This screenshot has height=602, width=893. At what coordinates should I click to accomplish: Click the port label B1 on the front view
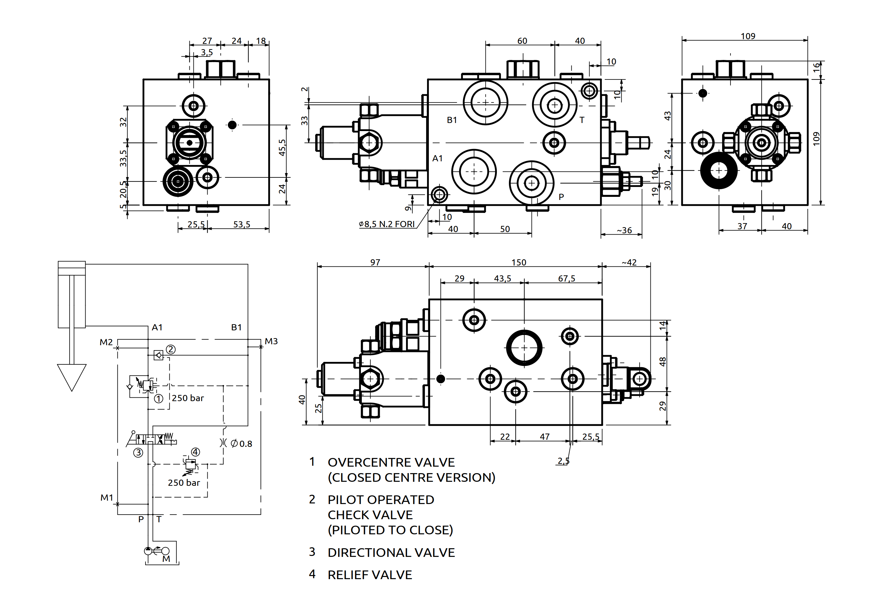[x=452, y=120]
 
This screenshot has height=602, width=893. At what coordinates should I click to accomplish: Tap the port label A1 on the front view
[x=437, y=158]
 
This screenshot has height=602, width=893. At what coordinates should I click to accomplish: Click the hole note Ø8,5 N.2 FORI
[x=387, y=224]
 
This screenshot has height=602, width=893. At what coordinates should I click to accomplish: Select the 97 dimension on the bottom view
[x=375, y=262]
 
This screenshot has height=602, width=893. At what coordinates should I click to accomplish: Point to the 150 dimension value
[x=519, y=262]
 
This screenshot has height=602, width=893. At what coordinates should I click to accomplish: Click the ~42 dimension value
[x=629, y=262]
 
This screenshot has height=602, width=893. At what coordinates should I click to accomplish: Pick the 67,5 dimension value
[x=566, y=278]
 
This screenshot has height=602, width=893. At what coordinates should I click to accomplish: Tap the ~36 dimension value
[x=624, y=230]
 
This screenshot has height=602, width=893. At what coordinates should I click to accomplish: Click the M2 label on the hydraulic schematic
[x=106, y=342]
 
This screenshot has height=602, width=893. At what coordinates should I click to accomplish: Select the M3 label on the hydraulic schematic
[x=271, y=341]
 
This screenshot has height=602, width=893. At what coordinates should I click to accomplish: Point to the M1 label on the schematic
[x=107, y=498]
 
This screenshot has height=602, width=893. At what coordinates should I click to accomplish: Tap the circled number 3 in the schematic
[x=138, y=453]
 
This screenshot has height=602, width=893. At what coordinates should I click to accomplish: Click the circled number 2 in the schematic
[x=171, y=350]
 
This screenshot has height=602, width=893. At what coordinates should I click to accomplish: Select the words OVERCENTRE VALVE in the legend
[x=391, y=462]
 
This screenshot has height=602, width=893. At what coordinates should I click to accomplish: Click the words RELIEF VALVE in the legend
[x=370, y=575]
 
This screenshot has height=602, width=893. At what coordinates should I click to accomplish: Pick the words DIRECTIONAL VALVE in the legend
[x=391, y=553]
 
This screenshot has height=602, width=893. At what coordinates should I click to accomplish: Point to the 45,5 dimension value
[x=282, y=148]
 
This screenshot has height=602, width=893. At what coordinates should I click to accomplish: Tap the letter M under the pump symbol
[x=166, y=559]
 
